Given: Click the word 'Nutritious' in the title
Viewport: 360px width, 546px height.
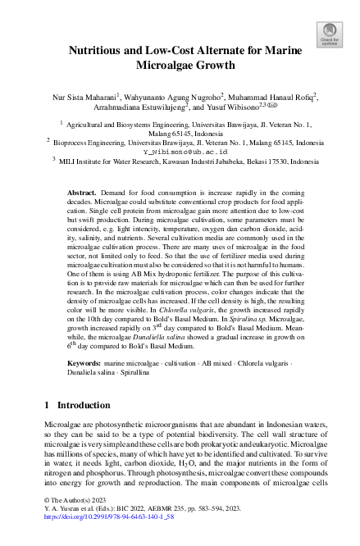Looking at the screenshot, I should click(103, 49).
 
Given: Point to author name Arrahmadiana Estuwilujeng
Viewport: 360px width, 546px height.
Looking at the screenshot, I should click(128, 107).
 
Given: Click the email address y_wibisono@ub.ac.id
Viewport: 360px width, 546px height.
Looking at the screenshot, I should click(185, 152).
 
